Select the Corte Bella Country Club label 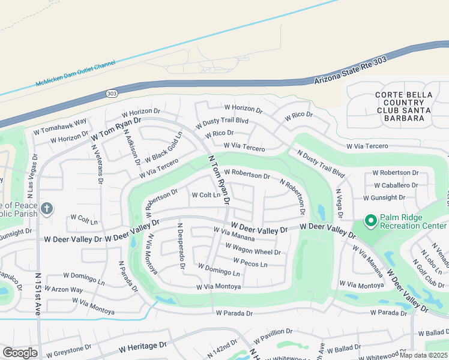coord(399,106)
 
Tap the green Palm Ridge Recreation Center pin coord(370,222)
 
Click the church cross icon coord(47,209)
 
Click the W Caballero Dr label coord(396,185)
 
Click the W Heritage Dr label coord(142,347)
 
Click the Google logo coord(20,353)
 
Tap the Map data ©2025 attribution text coord(424,355)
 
